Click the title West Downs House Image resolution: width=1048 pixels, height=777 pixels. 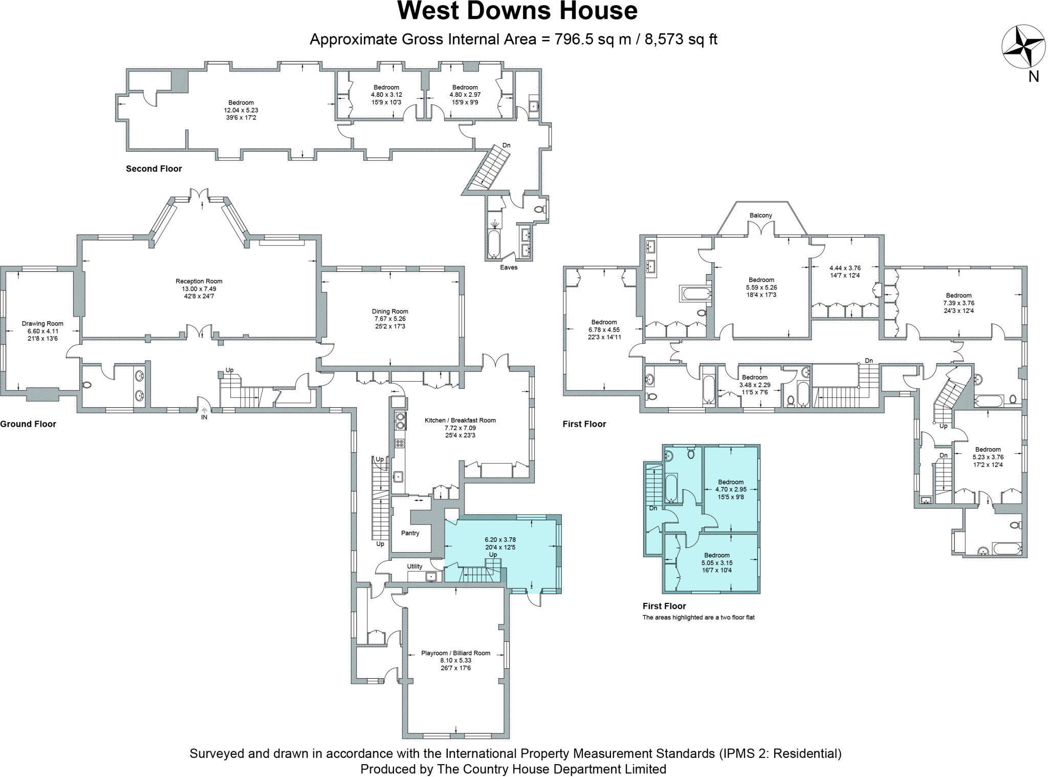pos(517,11)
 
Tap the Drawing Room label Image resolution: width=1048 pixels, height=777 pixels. pos(42,323)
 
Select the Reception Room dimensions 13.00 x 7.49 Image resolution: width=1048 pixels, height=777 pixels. pos(199,288)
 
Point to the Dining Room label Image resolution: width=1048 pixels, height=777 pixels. pos(390,311)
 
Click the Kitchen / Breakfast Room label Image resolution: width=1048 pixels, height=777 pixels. pos(460,420)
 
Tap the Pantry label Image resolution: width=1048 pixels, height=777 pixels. pos(410,533)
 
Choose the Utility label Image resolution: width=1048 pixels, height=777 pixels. pos(414,566)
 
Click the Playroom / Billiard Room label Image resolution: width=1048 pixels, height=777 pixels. pos(455,653)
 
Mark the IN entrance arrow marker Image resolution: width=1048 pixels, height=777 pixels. pos(204,410)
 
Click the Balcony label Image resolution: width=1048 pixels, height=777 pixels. pos(760,215)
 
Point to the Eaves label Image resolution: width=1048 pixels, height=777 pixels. pos(509,267)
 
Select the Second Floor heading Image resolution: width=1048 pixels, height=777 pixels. pos(154,169)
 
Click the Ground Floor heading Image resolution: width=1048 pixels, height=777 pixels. pos(28,424)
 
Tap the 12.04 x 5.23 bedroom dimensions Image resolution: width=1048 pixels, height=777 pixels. pos(241,110)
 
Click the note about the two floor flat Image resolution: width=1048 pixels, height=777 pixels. pos(698,617)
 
